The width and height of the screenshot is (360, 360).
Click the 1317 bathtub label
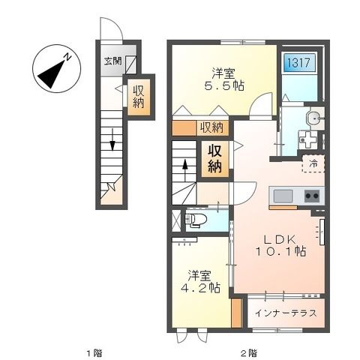tap(299, 62)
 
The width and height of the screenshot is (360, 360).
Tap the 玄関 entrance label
tap(112, 61)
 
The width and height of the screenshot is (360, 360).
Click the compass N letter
tap(67, 57)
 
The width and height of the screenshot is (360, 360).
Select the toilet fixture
tap(196, 220)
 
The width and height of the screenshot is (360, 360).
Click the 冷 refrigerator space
tap(313, 163)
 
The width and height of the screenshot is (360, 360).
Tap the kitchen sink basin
tap(283, 196)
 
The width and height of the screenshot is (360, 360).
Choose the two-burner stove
tap(312, 196)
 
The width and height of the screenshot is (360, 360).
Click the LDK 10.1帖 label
tap(280, 245)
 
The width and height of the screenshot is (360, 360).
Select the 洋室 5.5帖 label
tap(224, 79)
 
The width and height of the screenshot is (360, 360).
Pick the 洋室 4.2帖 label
tap(200, 281)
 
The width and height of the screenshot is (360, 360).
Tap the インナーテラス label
tap(286, 313)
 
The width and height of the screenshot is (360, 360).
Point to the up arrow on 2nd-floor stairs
tap(185, 170)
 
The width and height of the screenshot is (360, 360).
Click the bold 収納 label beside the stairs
tap(215, 159)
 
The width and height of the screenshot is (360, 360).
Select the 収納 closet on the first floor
tap(139, 97)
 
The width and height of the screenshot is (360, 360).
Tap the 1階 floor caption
tap(94, 353)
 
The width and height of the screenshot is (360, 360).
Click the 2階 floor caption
tap(249, 353)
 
